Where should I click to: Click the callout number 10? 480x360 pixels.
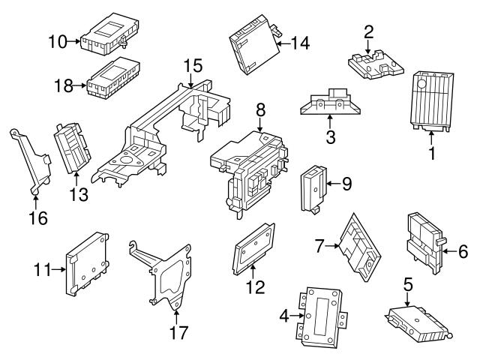pos(57,41)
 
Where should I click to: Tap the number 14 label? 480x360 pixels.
pos(300,44)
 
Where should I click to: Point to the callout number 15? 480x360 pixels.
pos(193,66)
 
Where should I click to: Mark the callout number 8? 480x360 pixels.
pos(260,109)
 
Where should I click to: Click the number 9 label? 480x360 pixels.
pos(346,182)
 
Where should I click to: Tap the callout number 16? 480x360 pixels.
pos(37,218)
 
